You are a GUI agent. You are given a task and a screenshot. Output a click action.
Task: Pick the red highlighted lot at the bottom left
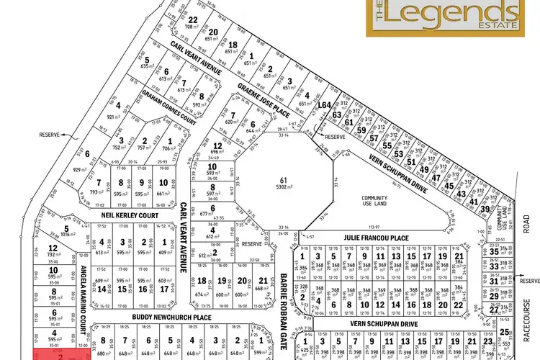(x=61, y=354)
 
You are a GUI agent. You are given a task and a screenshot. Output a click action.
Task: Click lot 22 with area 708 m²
(x=192, y=24)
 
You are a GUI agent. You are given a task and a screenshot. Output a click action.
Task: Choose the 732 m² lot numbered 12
(x=52, y=251)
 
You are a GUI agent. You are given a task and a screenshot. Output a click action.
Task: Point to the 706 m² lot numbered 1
(x=169, y=145)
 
